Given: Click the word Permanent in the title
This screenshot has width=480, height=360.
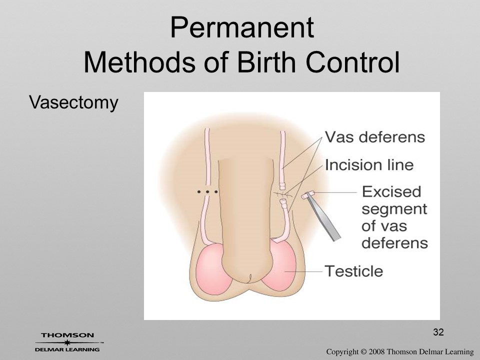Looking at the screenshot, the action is pos(242,27).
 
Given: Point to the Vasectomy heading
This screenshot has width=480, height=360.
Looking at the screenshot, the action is pos(73,102).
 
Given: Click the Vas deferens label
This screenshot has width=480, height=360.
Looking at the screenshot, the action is pos(374,137).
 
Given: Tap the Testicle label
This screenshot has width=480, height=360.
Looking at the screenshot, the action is pos(353,271).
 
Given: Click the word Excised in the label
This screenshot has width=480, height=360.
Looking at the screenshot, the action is pos(391,192).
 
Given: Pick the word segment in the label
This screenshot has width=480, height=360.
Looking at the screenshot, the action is pos(394,209).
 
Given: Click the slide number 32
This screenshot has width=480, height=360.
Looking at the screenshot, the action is pos(438,332).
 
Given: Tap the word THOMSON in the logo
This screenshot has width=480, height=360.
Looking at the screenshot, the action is pos(67,335).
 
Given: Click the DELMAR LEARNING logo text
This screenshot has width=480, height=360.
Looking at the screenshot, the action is pos(67,349).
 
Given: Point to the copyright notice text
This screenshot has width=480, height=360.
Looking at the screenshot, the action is pos(400,351).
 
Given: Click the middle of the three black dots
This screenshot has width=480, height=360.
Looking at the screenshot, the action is pos(207,192).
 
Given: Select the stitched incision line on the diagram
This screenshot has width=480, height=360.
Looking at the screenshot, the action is pos(281,194).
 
